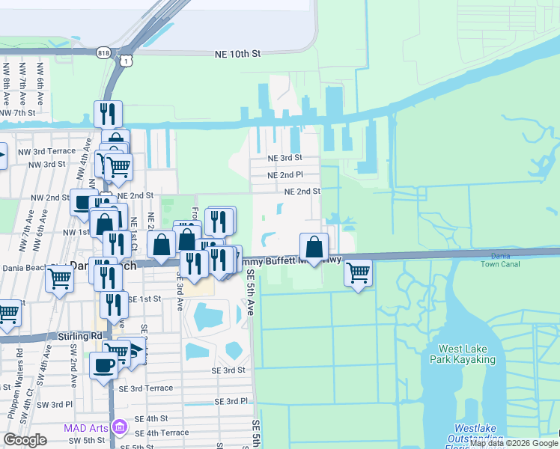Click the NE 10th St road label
point(237,54)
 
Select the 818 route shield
point(104,52)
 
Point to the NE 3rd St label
point(284,158)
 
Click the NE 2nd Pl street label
point(285,174)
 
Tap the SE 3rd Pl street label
point(231,401)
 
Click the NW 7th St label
point(18,112)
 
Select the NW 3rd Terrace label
point(52,151)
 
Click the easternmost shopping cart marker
point(359,272)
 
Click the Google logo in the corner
point(25,440)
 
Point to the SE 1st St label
point(144,299)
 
